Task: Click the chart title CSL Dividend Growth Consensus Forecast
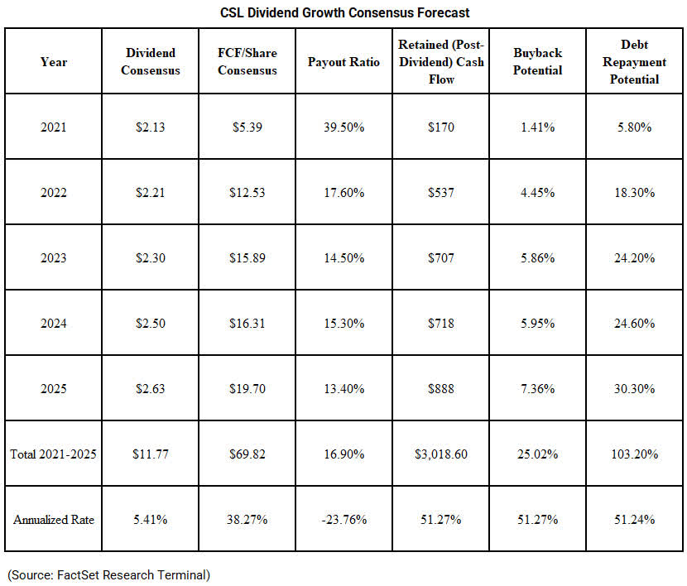[344, 13]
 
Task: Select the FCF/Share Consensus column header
[247, 62]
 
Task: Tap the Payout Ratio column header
[343, 62]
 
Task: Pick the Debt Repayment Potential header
[634, 62]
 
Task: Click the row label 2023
[54, 257]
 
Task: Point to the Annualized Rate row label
[54, 520]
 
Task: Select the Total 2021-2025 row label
[54, 454]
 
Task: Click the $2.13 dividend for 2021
[151, 127]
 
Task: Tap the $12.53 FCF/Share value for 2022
[247, 193]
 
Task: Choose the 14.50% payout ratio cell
[343, 257]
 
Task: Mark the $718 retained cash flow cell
[441, 323]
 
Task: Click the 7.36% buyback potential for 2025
[538, 388]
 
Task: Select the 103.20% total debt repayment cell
[634, 454]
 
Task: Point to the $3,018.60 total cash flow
[441, 454]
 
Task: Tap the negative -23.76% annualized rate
[343, 520]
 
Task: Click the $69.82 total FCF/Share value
[247, 454]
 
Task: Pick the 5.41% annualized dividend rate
[151, 520]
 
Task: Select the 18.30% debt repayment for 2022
[634, 193]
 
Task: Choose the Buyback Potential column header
[538, 62]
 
